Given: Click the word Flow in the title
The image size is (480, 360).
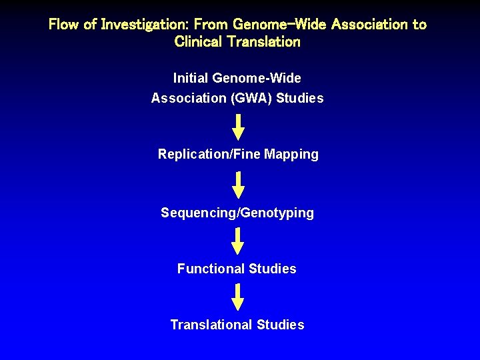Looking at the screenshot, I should (64, 25).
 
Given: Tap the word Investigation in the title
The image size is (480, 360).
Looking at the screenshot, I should (135, 25).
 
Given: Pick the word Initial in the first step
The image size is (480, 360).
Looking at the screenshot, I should (191, 78).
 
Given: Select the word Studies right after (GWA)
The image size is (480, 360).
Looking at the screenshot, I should (300, 99).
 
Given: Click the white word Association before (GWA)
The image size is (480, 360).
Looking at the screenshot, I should (189, 99).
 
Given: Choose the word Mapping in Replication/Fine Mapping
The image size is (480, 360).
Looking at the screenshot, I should (291, 155).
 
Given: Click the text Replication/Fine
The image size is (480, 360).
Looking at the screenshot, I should (209, 155).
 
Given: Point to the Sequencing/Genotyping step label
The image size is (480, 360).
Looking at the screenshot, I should (237, 213).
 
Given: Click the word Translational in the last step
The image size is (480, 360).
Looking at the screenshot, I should (211, 325).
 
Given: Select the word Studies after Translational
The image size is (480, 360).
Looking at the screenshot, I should (281, 325).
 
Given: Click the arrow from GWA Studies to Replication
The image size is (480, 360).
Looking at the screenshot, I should (238, 127).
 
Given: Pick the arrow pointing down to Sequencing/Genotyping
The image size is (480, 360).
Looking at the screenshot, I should (238, 185).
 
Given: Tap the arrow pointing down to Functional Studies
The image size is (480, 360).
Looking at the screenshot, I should (238, 241).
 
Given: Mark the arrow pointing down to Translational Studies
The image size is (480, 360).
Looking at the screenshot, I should (238, 297).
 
